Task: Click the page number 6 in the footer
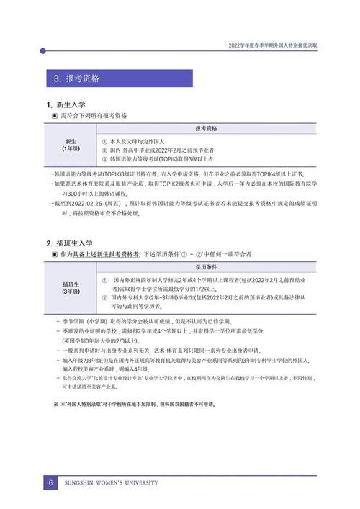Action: pyautogui.click(x=52, y=482)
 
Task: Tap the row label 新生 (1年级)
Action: pyautogui.click(x=71, y=145)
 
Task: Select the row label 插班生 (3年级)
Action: pyautogui.click(x=71, y=287)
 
